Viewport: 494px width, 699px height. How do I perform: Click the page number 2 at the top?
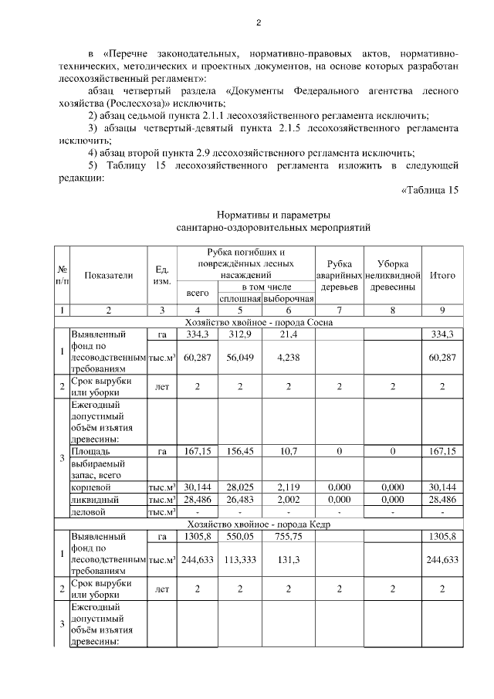coord(259,22)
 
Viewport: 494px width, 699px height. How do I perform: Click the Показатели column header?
coord(109,275)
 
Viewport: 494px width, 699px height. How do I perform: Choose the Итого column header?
coord(442,275)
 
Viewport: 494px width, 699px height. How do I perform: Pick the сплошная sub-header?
coord(240,298)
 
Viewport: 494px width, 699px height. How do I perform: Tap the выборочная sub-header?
coord(288,298)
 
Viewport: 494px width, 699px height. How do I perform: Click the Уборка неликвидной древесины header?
coord(393,275)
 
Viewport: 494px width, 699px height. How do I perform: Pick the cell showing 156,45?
coord(240,450)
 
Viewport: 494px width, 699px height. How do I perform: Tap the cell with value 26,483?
coord(240,499)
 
